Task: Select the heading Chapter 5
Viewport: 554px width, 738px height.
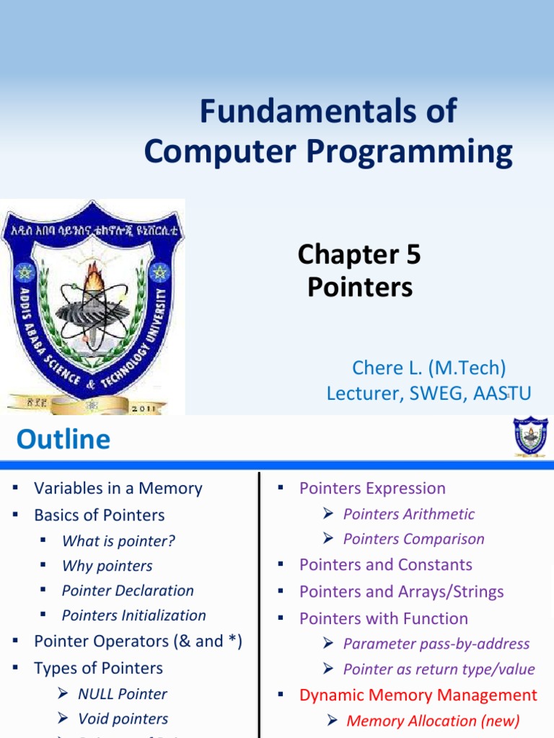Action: point(359,254)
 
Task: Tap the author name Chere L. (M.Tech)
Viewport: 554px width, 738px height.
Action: point(428,368)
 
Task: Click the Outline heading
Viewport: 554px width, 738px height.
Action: point(63,439)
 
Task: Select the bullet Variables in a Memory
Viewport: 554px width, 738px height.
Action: point(118,488)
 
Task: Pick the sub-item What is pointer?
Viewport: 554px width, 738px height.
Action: point(118,541)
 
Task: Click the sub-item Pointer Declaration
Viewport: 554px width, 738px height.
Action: point(128,590)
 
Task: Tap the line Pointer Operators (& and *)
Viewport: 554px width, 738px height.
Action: point(137,641)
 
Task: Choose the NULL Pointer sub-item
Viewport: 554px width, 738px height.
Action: point(122,694)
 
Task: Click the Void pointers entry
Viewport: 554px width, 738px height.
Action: point(123,719)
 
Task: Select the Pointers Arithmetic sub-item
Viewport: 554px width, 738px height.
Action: point(408,514)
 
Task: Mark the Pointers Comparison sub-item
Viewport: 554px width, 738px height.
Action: point(413,539)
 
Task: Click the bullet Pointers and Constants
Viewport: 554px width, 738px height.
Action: point(385,564)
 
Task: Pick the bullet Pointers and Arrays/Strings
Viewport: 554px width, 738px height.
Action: point(401,592)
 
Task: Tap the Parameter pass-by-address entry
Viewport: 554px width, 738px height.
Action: point(436,644)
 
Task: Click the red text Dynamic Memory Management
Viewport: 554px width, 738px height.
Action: point(418,695)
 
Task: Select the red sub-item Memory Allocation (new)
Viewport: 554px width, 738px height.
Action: point(433,721)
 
